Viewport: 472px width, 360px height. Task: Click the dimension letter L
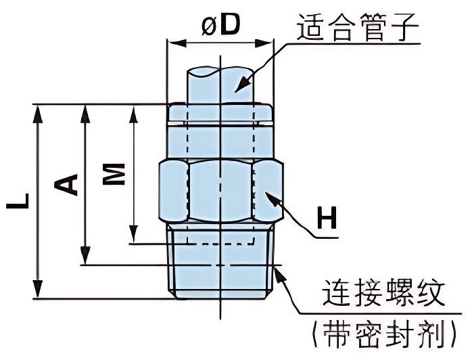tap(20, 201)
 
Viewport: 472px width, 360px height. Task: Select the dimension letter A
tap(67, 184)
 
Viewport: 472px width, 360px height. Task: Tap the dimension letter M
tap(116, 174)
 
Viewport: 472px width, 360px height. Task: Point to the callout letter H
tap(327, 218)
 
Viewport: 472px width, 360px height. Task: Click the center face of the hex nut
tap(220, 192)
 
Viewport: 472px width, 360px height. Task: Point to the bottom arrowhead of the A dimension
tap(84, 258)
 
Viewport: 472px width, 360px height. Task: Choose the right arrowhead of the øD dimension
tap(269, 43)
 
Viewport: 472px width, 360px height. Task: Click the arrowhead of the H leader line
tap(269, 196)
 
